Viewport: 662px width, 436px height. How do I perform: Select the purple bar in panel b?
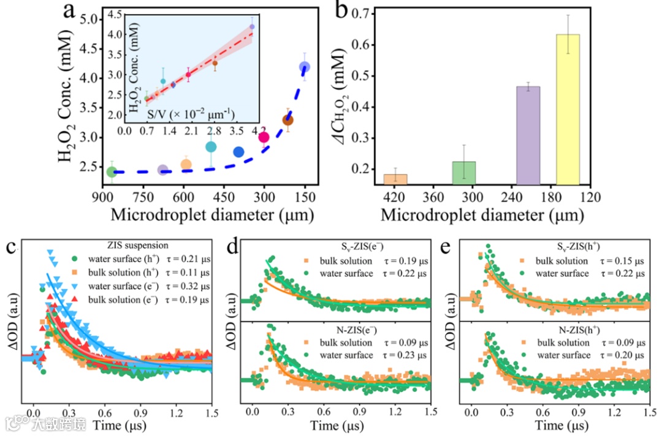528,135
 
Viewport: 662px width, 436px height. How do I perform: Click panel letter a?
70,13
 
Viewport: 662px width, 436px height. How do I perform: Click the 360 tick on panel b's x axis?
435,198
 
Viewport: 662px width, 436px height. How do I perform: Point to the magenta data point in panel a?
264,137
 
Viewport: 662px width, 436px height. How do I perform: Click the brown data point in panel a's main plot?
287,120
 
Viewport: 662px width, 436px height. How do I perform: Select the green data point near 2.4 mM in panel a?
112,172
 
